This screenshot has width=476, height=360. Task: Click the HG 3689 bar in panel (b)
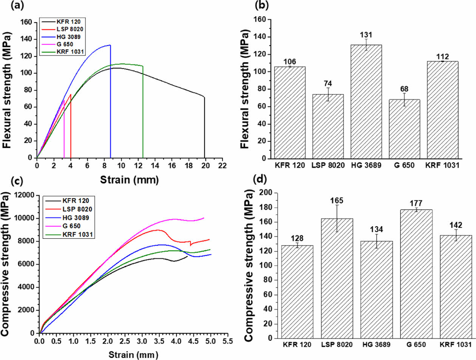coord(366,102)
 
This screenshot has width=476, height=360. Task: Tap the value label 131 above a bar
coord(366,35)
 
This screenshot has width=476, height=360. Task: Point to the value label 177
coord(416,204)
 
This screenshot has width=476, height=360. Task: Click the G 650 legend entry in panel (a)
coord(65,44)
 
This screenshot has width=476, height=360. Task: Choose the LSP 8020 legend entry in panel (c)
coord(76,209)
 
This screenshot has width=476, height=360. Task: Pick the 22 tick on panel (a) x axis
coord(223,166)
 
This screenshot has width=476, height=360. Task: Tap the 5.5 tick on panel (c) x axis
coord(227,341)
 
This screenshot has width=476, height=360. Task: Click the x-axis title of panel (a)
coord(129,180)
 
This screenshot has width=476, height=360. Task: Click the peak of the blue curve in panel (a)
coord(110,45)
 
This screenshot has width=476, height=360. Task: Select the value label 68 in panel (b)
coord(404,90)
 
